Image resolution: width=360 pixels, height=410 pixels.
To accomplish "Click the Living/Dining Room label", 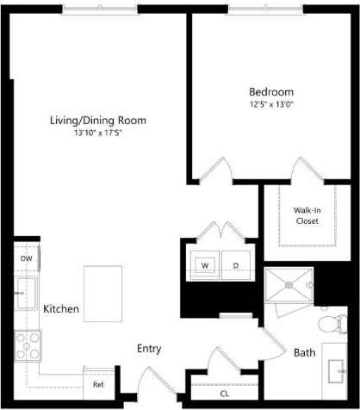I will pos(96,121).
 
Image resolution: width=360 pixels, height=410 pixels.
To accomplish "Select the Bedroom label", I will pos(271,92).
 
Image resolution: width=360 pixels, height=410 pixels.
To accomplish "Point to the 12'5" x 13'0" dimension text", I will pos(271,104).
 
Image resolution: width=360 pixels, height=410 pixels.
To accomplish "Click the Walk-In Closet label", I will pos(306,214).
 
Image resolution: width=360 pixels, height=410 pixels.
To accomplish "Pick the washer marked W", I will pos(206,264).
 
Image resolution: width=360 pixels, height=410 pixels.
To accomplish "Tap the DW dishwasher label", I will pos(26,258).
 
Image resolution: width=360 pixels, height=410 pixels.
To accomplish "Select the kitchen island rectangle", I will pos(103,293).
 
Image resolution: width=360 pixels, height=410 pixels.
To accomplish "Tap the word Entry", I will pos(150,349).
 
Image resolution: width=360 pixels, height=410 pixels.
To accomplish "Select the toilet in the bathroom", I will pos(330,323).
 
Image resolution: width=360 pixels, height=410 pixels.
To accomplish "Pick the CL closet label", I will pos(225,393).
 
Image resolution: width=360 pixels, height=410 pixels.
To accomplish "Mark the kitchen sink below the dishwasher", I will pos(25,293).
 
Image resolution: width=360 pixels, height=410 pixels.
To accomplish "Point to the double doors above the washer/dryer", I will pos(220,231).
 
